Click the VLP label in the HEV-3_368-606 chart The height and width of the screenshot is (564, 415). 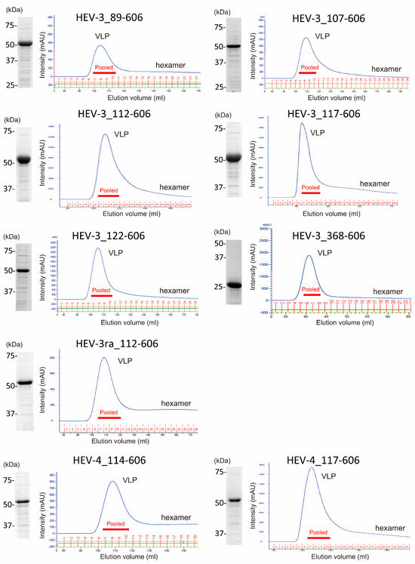click(324, 253)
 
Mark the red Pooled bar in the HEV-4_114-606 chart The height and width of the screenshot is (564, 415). click(115, 529)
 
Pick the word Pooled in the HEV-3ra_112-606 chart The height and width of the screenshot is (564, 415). click(109, 412)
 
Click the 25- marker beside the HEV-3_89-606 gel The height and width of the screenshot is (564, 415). click(9, 85)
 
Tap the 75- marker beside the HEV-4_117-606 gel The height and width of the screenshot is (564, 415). click(222, 473)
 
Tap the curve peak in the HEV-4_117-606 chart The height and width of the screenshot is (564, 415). click(311, 469)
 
